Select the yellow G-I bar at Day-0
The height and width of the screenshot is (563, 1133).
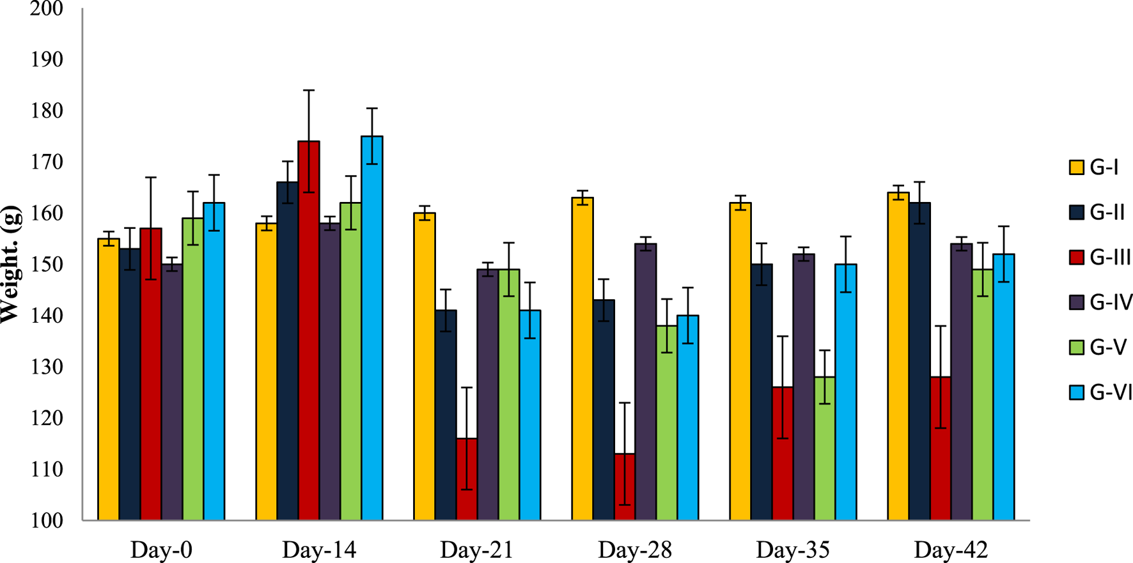coord(109,380)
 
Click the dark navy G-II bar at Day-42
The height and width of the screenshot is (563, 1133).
coord(919,362)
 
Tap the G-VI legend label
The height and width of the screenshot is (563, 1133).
coord(1111,392)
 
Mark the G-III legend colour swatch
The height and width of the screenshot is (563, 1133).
coord(1077,258)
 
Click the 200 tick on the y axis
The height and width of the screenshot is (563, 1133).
coord(46,9)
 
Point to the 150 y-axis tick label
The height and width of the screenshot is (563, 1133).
coord(46,265)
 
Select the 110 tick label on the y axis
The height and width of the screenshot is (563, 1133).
coord(46,469)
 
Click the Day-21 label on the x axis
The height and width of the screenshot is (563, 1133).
coord(477,550)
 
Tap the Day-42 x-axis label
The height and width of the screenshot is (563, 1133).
coord(951,550)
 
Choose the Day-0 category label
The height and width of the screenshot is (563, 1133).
coord(161,550)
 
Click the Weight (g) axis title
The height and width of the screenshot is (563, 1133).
coord(10,265)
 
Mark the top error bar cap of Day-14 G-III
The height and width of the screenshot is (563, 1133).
coord(309,90)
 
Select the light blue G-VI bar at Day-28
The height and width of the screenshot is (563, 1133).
coord(688,418)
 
